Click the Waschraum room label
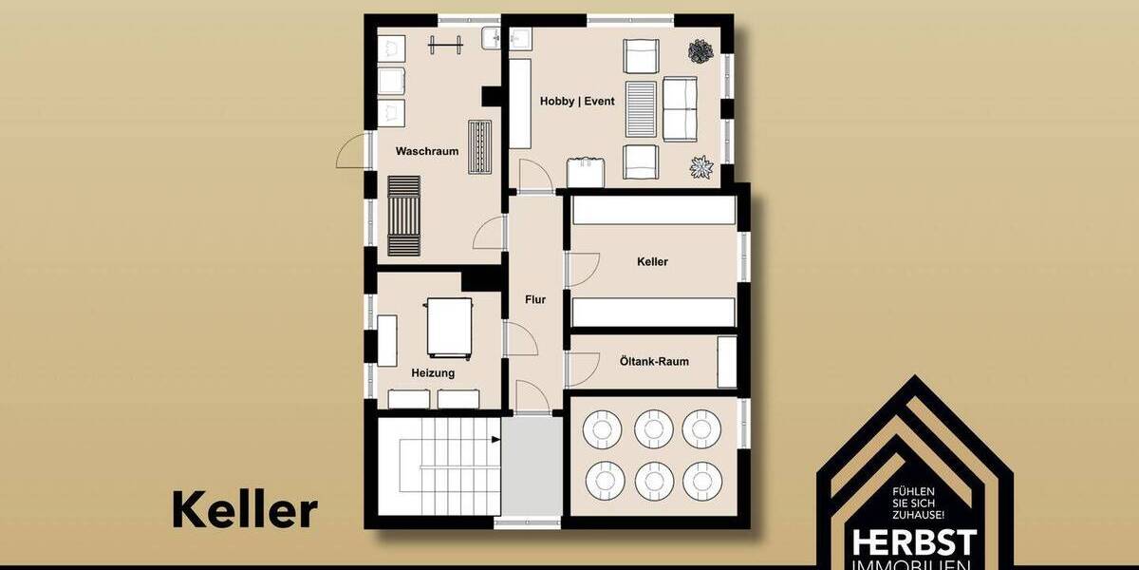427,151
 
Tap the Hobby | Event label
577,101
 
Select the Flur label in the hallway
535,299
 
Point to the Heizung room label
433,372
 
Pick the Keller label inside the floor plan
653,261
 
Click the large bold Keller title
244,510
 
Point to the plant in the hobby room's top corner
702,51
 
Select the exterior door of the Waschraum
353,154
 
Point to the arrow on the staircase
495,440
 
